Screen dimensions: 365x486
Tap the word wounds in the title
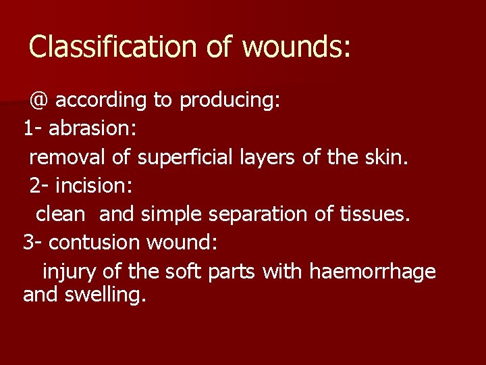coord(296,47)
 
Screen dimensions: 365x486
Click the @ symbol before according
coord(38,101)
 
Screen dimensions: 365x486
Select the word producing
coord(230,101)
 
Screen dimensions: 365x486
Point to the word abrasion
coord(92,128)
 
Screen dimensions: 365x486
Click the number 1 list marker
coord(28,128)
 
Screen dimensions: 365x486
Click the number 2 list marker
coord(35,185)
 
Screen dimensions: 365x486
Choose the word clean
coord(61,214)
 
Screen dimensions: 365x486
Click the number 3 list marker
coord(28,243)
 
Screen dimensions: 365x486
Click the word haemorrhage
coord(372,272)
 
